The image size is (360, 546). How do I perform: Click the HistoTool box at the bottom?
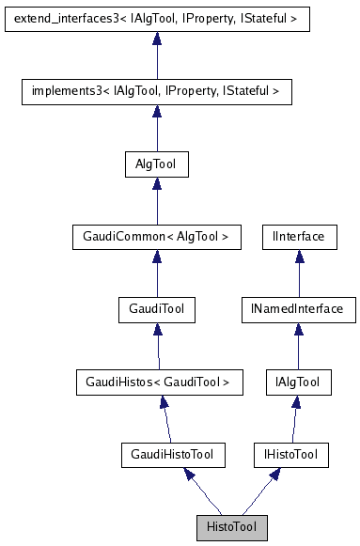point(231,527)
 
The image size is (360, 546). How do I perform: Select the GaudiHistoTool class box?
point(168,455)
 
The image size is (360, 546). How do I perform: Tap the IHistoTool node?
point(291,455)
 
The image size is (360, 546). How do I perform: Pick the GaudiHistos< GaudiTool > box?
point(158,382)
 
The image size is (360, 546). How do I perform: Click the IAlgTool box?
point(298,382)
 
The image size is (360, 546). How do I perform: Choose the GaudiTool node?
point(156,308)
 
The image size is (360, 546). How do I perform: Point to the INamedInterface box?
point(298,308)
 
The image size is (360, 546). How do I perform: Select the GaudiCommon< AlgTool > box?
point(156,236)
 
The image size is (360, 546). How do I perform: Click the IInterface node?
point(298,236)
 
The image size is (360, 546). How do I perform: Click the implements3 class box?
point(156,91)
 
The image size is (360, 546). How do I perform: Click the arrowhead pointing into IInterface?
point(298,257)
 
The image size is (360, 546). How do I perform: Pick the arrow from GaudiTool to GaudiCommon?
point(156,276)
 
